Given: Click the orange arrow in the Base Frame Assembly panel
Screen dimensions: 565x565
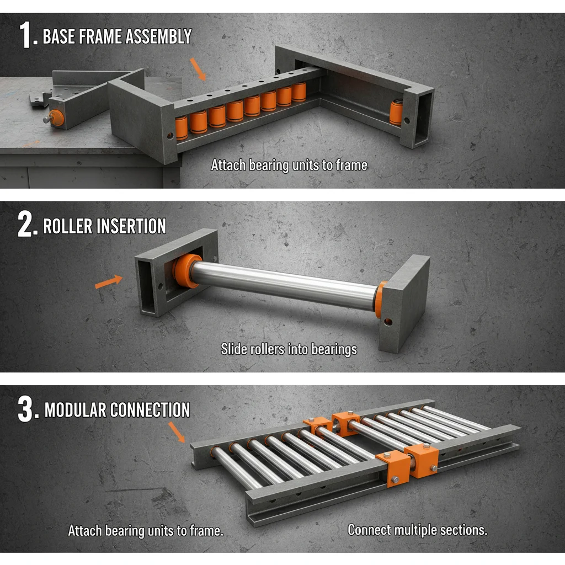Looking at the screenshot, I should click(197, 69).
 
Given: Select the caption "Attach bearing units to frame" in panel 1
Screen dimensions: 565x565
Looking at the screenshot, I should click(289, 164).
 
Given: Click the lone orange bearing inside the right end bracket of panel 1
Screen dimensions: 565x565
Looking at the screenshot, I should click(396, 112).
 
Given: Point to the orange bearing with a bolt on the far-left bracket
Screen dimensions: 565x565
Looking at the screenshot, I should click(55, 118).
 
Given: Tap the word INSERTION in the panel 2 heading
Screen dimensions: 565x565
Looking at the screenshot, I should click(131, 226).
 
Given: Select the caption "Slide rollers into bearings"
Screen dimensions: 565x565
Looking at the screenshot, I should click(289, 349).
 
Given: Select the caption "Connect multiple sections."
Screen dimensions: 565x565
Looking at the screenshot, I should click(417, 530).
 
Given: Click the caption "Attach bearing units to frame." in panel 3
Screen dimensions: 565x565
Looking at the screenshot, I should click(146, 531).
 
